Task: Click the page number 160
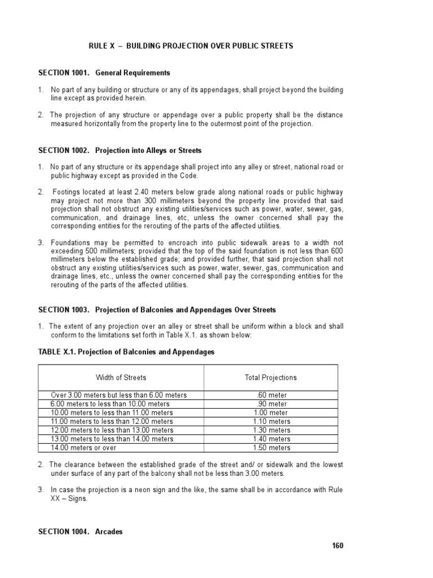(337, 545)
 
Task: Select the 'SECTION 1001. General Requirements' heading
(104, 73)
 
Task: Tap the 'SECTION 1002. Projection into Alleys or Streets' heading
(120, 151)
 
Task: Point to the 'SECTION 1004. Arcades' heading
(80, 532)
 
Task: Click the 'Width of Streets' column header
(121, 378)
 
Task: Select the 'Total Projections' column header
(271, 378)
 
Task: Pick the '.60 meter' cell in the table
(271, 395)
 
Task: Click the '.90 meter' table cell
(271, 404)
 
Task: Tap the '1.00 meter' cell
(271, 413)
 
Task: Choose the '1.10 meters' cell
(271, 422)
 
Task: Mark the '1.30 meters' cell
(271, 430)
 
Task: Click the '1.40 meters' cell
(271, 439)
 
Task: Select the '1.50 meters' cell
(271, 448)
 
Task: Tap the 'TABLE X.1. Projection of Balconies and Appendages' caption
(126, 352)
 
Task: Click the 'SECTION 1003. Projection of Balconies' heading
(157, 310)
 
